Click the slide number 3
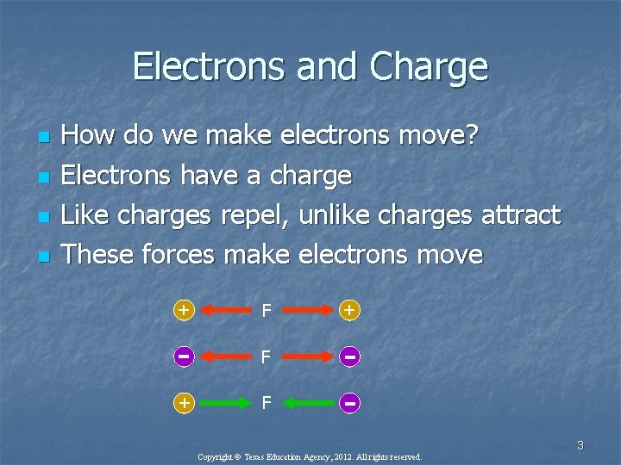[580, 445]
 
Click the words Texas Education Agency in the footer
[279, 456]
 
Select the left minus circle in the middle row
[183, 356]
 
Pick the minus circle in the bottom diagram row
[349, 402]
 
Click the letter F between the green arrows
[267, 402]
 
